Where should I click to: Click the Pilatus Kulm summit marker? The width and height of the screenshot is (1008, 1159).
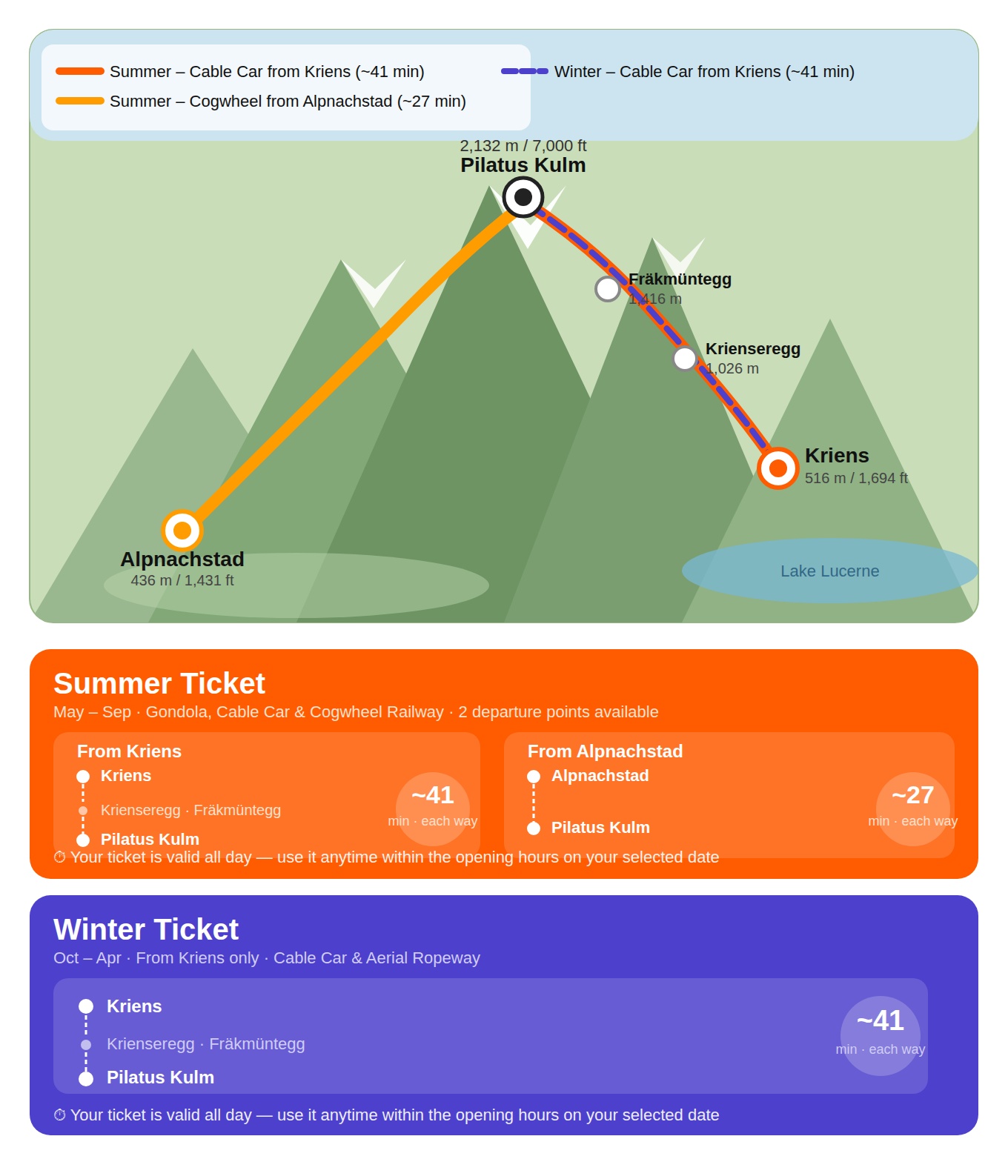click(523, 196)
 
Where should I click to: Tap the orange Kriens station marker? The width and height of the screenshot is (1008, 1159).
click(777, 468)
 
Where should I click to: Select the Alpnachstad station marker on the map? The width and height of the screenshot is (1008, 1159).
click(182, 530)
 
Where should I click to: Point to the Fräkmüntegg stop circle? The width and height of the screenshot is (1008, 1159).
click(608, 289)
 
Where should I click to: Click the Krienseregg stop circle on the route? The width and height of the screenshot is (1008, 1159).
click(684, 358)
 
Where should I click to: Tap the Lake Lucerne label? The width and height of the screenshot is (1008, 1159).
click(829, 571)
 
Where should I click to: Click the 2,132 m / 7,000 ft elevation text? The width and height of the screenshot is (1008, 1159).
click(523, 145)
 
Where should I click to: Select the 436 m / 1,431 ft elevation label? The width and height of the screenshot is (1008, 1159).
click(182, 580)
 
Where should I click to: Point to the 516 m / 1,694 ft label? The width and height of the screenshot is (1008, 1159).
click(855, 478)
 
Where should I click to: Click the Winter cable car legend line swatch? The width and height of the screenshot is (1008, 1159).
click(524, 71)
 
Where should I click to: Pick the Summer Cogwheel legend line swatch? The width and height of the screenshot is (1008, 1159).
click(80, 101)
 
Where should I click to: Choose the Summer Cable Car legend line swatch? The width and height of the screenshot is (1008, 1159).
click(80, 71)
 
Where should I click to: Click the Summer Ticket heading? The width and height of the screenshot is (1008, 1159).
click(159, 683)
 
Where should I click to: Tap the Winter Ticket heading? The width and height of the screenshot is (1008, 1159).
click(146, 929)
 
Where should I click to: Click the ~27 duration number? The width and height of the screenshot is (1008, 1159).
click(912, 794)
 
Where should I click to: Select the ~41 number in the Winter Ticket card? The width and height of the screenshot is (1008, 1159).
click(880, 1020)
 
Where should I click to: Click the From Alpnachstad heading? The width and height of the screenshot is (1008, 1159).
click(605, 751)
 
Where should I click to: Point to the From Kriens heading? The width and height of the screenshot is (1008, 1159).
click(129, 751)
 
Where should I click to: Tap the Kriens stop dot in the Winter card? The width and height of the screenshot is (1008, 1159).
click(86, 1006)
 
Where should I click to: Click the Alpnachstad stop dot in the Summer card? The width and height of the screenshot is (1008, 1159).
click(533, 776)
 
